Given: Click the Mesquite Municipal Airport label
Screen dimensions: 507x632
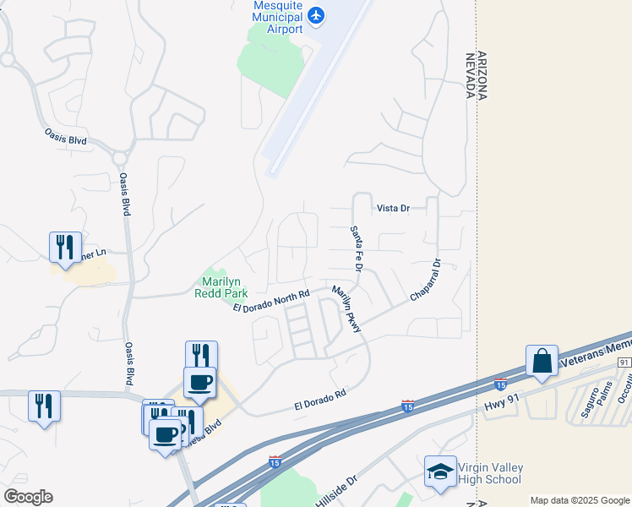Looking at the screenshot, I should [x=278, y=17].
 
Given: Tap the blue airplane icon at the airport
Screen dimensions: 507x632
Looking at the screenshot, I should [x=316, y=14].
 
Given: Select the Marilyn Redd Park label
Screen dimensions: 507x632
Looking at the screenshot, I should [x=224, y=288].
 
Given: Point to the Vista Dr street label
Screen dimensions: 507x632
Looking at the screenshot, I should [x=392, y=208].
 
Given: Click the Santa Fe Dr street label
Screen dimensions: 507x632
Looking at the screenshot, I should [x=357, y=248].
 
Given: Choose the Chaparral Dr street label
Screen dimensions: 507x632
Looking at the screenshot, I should [x=426, y=281].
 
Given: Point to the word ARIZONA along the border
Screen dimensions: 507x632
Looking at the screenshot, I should [x=482, y=75].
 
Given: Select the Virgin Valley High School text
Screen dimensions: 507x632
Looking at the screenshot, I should [x=490, y=473].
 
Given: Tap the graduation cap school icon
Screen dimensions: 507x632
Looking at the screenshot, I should [x=440, y=472].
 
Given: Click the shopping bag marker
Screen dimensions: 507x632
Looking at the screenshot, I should [x=541, y=361].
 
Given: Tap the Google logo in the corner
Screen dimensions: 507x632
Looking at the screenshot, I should [x=28, y=497].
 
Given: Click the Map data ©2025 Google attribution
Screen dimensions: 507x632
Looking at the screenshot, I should [x=579, y=500].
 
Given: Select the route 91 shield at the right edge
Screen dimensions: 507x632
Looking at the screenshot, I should [x=624, y=363].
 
